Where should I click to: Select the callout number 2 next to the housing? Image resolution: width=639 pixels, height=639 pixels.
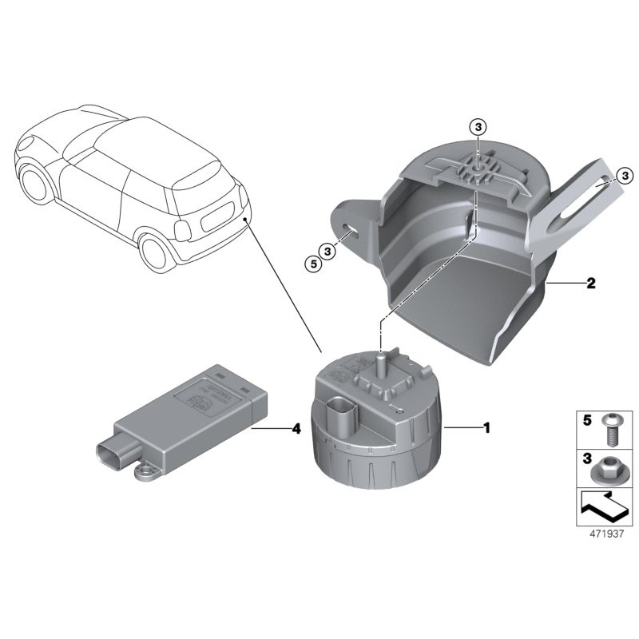(590, 284)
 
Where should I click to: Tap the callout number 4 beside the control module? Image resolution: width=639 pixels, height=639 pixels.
(296, 429)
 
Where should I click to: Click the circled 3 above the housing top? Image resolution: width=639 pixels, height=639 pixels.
(477, 127)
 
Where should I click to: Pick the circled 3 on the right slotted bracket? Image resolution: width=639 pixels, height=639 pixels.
(625, 175)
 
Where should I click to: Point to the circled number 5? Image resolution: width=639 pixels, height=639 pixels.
(313, 261)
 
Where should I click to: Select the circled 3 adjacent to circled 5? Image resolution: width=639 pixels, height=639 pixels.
(328, 251)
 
